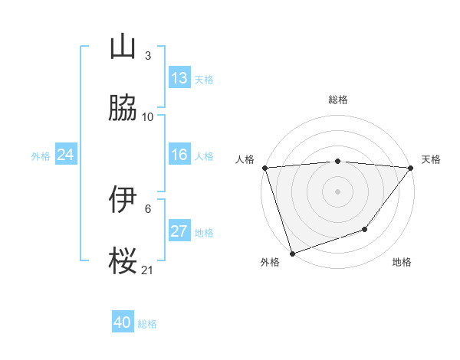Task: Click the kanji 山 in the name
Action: pos(123,47)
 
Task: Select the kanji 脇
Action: pos(123,108)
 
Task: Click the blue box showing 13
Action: pos(179,78)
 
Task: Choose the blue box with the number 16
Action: pos(179,155)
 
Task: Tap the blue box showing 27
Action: pos(179,231)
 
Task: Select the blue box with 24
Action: pos(66,155)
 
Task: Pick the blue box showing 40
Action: pos(123,322)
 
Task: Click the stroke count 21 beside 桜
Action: pos(148,270)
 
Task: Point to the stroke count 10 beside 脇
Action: pos(148,117)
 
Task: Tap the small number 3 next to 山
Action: pos(148,56)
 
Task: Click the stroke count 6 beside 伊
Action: pos(148,208)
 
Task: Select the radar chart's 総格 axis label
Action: pos(338,100)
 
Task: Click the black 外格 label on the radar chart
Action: pos(270,262)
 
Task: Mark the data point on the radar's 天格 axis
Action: pos(411,168)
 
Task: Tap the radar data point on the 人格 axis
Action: pos(264,168)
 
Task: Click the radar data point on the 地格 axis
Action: pos(365,229)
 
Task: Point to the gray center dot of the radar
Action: pos(338,191)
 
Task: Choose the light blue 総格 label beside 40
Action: pos(147,324)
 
